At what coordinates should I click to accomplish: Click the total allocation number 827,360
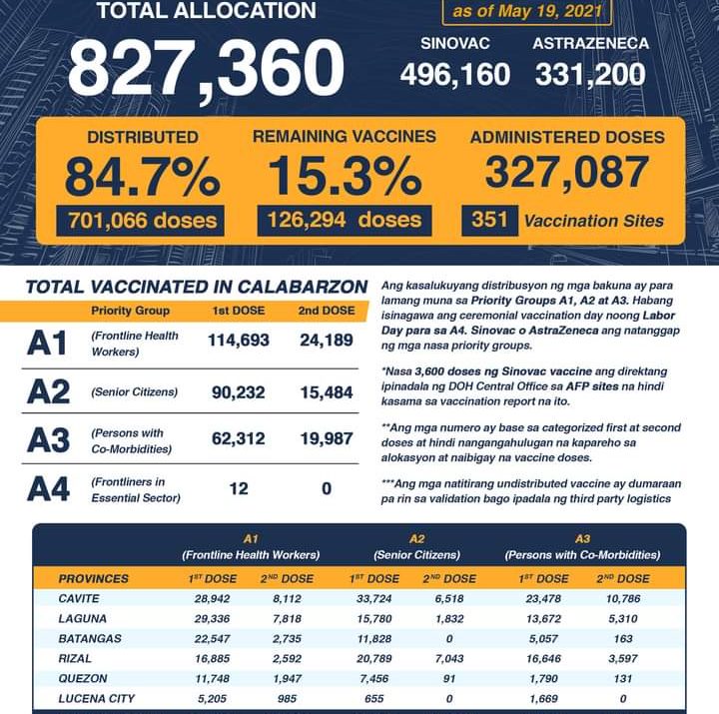[205, 68]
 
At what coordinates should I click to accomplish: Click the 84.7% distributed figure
[142, 177]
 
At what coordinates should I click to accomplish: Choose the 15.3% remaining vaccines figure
[345, 177]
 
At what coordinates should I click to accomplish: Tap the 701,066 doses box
[141, 220]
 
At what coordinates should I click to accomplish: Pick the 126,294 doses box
[345, 220]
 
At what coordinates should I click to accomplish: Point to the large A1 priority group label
[47, 344]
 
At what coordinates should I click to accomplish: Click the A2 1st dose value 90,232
[239, 393]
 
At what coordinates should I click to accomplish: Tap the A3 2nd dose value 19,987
[325, 441]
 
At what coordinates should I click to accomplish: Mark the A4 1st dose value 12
[239, 488]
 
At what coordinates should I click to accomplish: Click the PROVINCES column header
[93, 578]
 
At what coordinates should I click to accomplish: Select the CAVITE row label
[82, 600]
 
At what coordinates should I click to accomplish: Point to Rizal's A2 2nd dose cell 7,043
[446, 659]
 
